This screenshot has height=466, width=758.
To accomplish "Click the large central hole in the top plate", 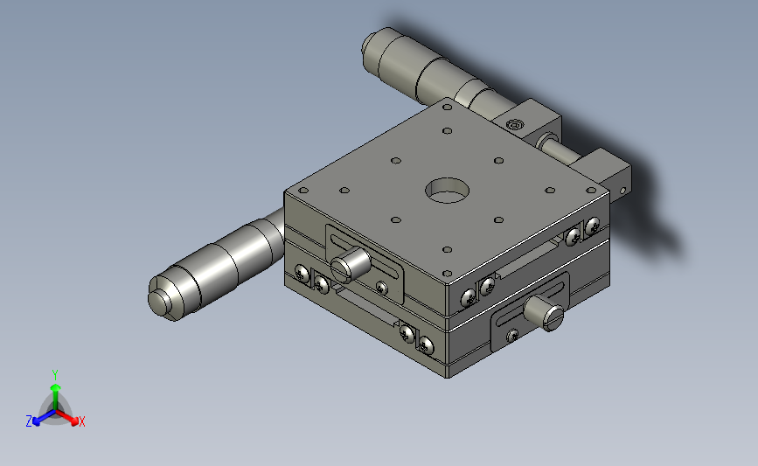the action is click(447, 190).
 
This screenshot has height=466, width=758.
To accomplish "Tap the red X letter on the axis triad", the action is click(81, 421).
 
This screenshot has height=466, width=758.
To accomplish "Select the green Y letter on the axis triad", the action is click(55, 375).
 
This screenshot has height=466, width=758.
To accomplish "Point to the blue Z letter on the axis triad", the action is click(29, 421).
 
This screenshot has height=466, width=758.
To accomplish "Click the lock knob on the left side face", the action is click(350, 264).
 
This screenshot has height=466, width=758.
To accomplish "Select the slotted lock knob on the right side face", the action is click(545, 313).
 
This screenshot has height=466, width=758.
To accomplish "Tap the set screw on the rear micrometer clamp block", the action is click(514, 126).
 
